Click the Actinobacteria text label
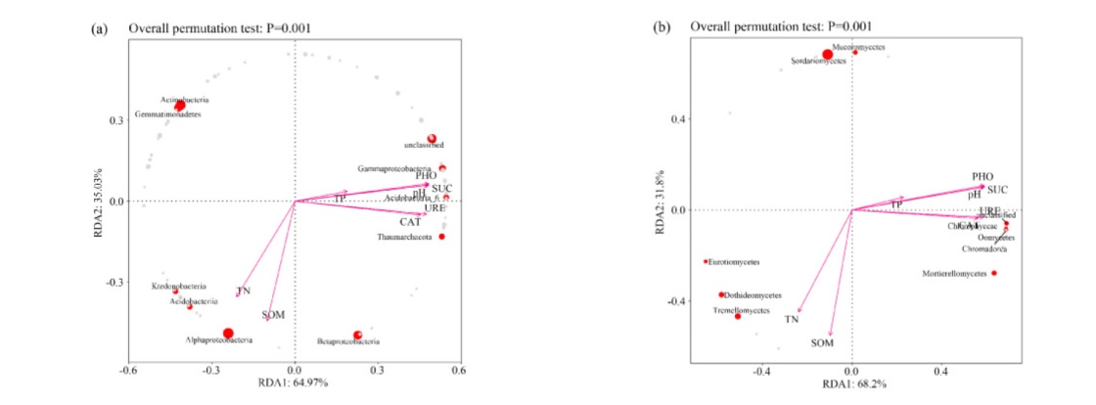185,100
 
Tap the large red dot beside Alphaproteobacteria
228,334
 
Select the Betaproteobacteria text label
347,341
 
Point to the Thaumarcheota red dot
442,237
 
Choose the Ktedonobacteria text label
177,287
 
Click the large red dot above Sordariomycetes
828,55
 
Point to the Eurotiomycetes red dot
706,261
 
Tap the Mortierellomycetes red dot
994,273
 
